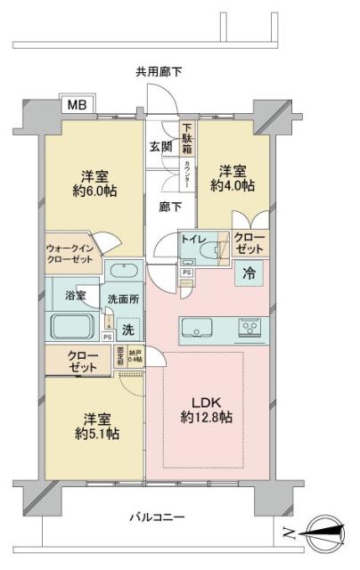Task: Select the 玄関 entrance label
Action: tap(161, 148)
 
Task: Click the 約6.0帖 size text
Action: tap(87, 190)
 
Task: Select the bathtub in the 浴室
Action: tap(74, 326)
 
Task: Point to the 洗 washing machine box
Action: tap(127, 330)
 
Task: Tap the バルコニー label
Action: tap(156, 517)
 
